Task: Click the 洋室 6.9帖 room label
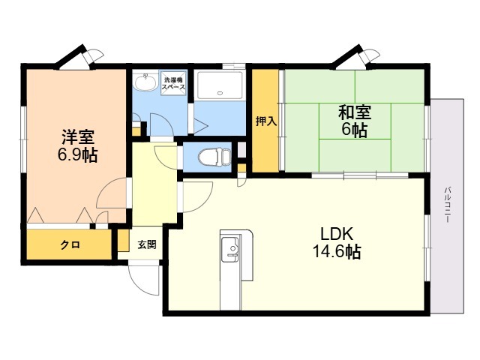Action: [x=78, y=145]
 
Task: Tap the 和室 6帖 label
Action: [x=355, y=121]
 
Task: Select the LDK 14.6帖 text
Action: [x=337, y=243]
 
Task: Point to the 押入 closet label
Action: [x=266, y=121]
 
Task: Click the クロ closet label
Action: [x=70, y=245]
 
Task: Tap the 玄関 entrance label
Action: [x=147, y=244]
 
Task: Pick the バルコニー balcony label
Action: [x=448, y=204]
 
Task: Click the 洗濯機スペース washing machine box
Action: [x=173, y=83]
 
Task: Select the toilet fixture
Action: [x=214, y=157]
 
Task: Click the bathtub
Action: [x=220, y=85]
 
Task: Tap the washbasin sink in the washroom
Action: [x=145, y=82]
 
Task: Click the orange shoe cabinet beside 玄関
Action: [x=124, y=240]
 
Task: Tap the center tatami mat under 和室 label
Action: [x=355, y=121]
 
